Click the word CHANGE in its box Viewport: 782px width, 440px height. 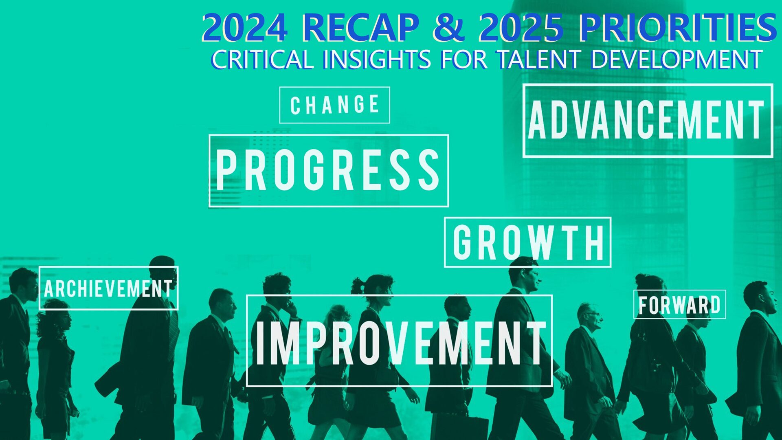pyautogui.click(x=334, y=105)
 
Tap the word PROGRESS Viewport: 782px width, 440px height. pyautogui.click(x=328, y=170)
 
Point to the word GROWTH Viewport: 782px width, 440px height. pyautogui.click(x=528, y=242)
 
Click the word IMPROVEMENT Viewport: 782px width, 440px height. pyautogui.click(x=400, y=342)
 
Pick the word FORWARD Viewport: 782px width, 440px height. pyautogui.click(x=679, y=305)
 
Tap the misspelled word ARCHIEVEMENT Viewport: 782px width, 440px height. pyautogui.click(x=108, y=288)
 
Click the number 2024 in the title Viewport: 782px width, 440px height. pyautogui.click(x=244, y=28)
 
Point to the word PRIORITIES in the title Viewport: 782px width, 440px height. pyautogui.click(x=678, y=28)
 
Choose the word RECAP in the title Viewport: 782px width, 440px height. pyautogui.click(x=361, y=28)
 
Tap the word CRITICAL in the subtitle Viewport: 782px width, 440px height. pyautogui.click(x=262, y=59)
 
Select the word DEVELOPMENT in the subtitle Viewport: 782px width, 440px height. pyautogui.click(x=677, y=59)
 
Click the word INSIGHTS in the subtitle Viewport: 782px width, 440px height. pyautogui.click(x=377, y=59)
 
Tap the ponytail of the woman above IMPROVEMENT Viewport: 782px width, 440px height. pyautogui.click(x=357, y=286)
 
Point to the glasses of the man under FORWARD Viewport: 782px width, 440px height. pyautogui.click(x=593, y=314)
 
